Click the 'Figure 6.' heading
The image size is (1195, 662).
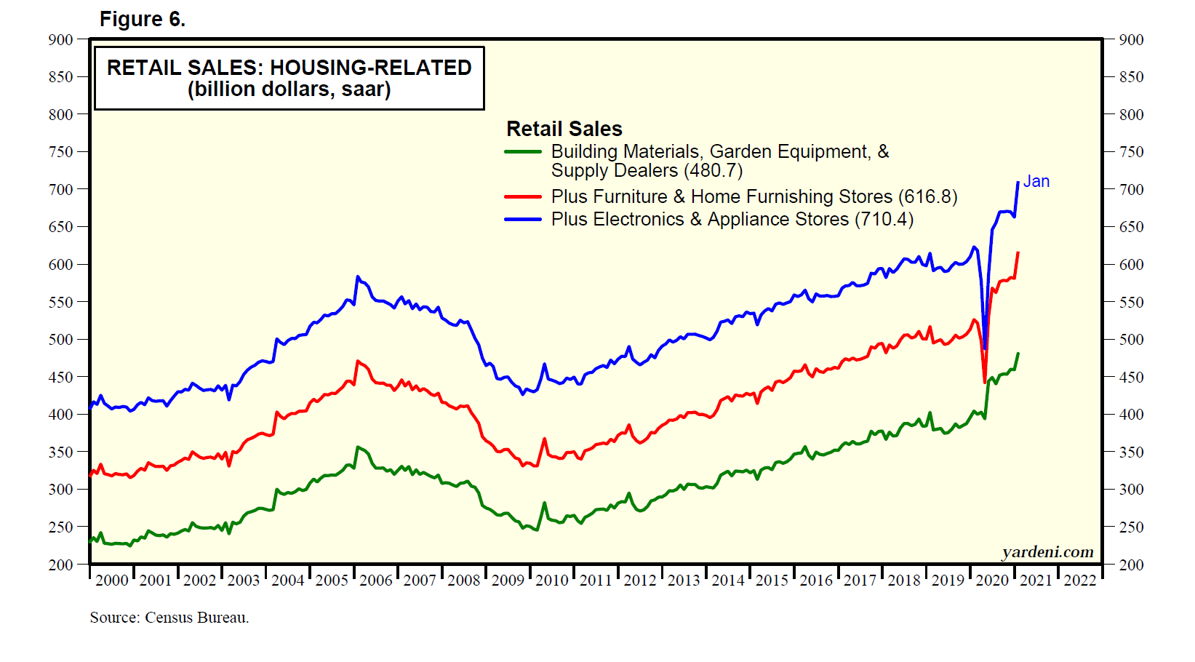(x=143, y=20)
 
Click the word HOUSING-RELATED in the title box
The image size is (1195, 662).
(x=371, y=68)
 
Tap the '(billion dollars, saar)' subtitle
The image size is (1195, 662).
(x=289, y=89)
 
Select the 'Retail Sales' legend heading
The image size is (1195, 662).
(x=564, y=129)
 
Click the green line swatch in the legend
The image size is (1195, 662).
(x=523, y=152)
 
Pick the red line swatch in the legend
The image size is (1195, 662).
(x=523, y=196)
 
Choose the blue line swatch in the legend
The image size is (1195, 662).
(x=523, y=219)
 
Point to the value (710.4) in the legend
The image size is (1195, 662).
(x=884, y=219)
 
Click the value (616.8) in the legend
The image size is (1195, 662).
(x=928, y=196)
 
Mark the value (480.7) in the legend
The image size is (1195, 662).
(x=714, y=171)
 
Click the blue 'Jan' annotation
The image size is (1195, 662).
(x=1036, y=182)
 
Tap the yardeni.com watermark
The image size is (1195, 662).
(x=1048, y=552)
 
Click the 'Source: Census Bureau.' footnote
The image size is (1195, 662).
(x=169, y=618)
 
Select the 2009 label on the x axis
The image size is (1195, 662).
(x=508, y=581)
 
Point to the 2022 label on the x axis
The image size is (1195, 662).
(x=1080, y=581)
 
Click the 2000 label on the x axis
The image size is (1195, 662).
(x=111, y=581)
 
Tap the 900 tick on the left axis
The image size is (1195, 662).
(x=60, y=40)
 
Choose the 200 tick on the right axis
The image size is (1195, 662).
(x=1131, y=565)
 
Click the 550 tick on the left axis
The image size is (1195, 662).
(x=60, y=302)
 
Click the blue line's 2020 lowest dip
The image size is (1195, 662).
(x=984, y=349)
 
